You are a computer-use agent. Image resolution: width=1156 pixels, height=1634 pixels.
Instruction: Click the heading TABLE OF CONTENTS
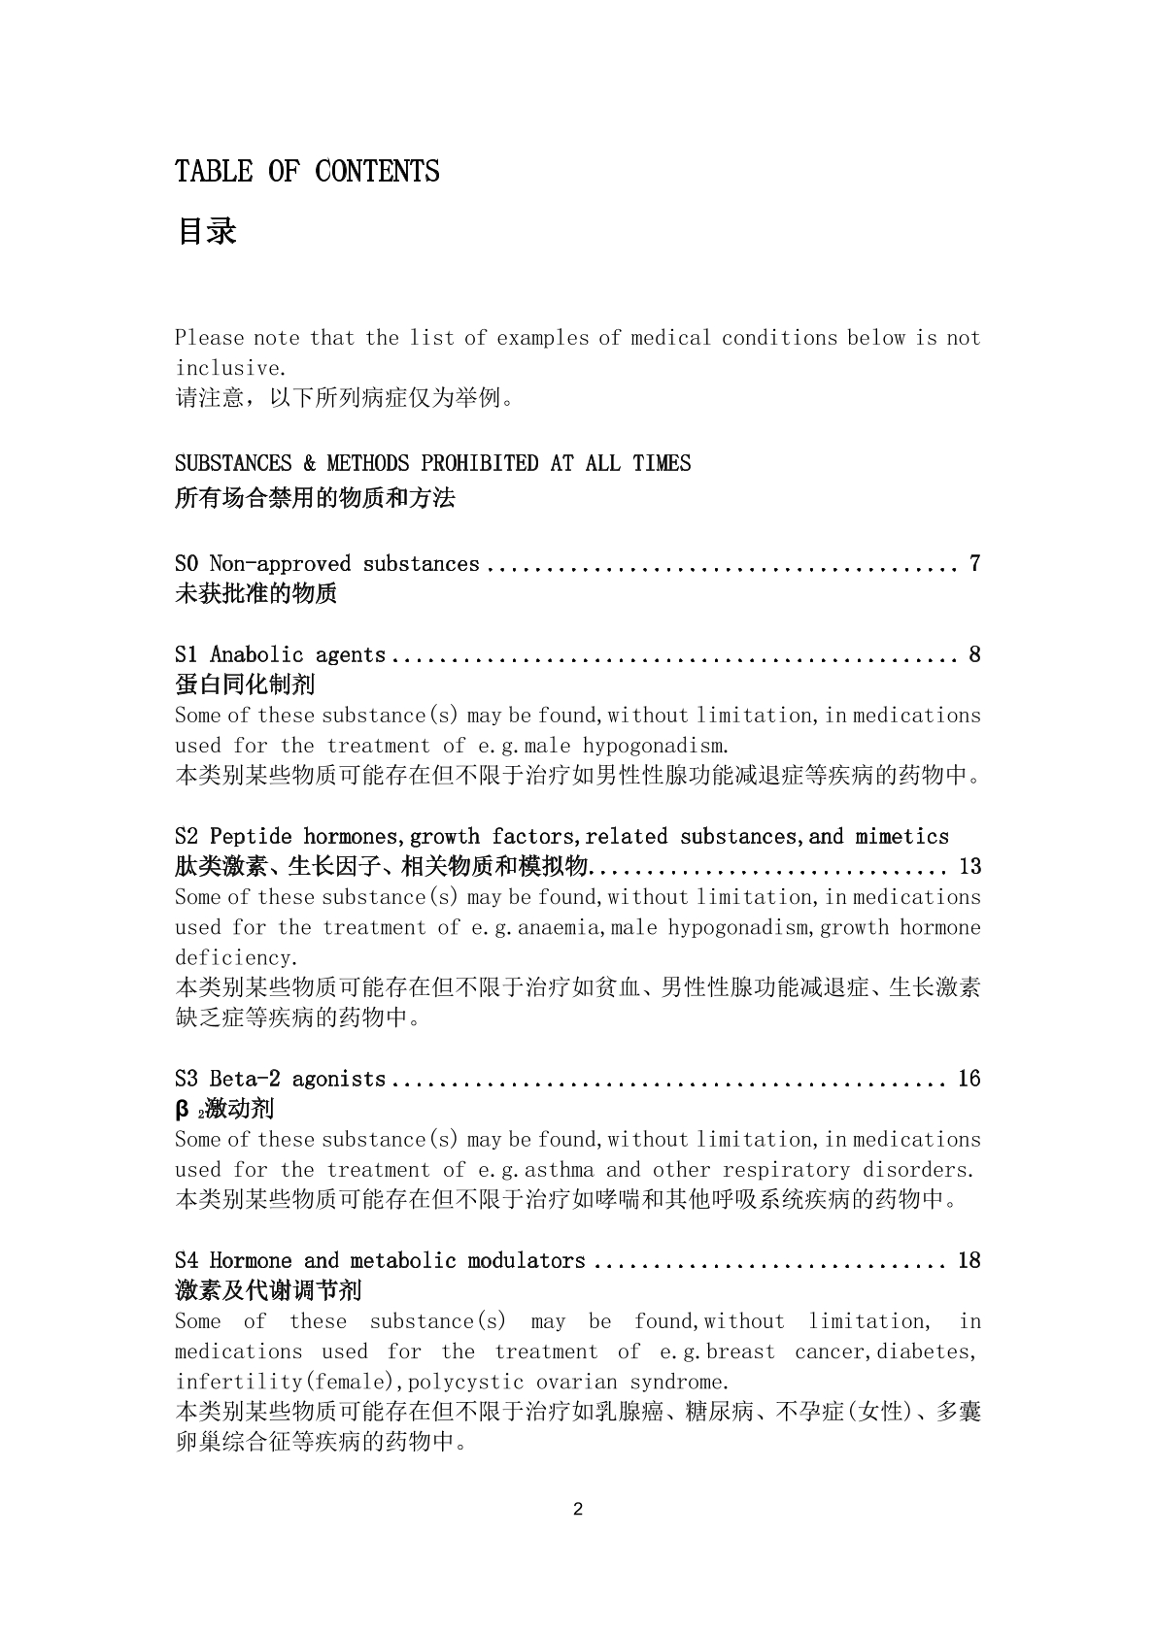307,172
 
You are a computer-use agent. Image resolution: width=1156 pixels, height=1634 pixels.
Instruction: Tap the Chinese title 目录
206,231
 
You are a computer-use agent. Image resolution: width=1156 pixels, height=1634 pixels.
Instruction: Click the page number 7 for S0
974,564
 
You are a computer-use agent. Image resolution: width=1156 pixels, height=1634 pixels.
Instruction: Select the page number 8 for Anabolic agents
974,655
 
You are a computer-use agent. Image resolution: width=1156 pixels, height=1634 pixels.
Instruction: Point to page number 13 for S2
969,866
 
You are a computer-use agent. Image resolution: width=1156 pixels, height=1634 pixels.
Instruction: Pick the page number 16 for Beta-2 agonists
969,1080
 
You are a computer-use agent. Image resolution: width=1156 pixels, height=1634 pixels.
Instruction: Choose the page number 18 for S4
969,1261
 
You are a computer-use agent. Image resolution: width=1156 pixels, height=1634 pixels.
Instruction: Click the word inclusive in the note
229,368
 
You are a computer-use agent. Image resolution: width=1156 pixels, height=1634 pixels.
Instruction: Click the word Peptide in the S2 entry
251,837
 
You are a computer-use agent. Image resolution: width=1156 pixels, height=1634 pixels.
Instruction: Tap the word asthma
559,1170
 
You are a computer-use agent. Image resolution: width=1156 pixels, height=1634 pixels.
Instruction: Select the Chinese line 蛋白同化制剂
245,684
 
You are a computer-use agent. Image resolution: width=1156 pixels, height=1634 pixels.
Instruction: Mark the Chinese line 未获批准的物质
255,593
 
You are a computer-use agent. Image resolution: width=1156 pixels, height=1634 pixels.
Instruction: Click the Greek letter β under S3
182,1109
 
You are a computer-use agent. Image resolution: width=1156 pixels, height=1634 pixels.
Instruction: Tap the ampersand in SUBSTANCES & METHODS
309,463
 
